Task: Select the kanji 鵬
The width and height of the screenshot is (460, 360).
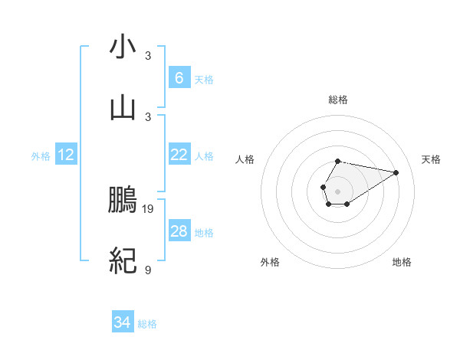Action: (x=123, y=201)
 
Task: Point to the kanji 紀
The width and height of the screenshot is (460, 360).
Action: (x=123, y=261)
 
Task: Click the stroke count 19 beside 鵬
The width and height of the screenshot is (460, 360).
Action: (x=149, y=208)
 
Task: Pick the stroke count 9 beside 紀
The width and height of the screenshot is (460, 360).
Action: (x=148, y=270)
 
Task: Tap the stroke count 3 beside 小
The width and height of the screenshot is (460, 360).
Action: (x=148, y=56)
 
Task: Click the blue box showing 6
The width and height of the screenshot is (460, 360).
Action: (x=179, y=77)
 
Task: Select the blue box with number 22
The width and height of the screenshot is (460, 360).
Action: (x=179, y=155)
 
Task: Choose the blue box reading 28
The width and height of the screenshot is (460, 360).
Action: (x=179, y=231)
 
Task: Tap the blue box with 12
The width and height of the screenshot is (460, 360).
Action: (x=66, y=155)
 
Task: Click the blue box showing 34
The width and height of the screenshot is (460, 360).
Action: (x=122, y=323)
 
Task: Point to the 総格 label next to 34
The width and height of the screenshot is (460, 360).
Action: (x=147, y=325)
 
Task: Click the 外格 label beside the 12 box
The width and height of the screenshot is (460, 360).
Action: (x=41, y=156)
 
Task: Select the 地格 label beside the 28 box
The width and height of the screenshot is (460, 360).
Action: (x=204, y=233)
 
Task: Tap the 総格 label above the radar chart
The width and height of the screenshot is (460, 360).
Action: (x=337, y=100)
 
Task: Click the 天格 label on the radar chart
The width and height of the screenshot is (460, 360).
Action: (x=432, y=159)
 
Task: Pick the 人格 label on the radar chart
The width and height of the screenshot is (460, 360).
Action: (x=245, y=159)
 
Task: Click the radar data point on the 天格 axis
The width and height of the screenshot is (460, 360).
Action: (x=396, y=172)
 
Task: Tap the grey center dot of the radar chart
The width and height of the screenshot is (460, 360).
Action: (x=337, y=190)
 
